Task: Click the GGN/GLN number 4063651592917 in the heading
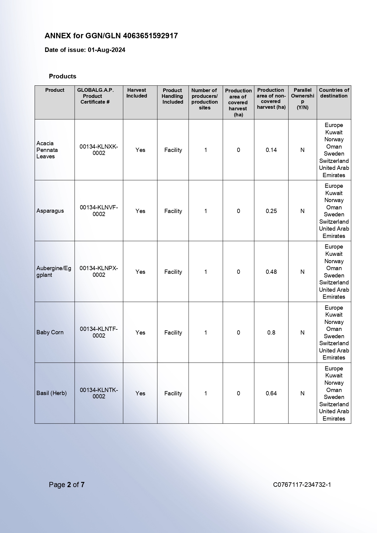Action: point(150,36)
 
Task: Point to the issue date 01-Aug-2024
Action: point(106,50)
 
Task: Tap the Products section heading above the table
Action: point(63,76)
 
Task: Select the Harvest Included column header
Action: point(137,93)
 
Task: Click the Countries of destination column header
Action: point(334,93)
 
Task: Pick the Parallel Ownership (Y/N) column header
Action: point(303,98)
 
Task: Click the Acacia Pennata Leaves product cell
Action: point(47,150)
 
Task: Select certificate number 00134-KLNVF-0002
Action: point(99,211)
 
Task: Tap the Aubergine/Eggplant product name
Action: point(53,271)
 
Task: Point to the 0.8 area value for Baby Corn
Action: point(271,332)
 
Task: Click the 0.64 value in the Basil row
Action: point(271,393)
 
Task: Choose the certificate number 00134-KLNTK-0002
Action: point(99,393)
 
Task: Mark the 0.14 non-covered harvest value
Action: point(271,150)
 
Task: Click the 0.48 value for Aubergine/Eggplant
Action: point(271,272)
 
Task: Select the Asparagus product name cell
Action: point(50,211)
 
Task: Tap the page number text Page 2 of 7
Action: point(67,484)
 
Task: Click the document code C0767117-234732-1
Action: point(302,484)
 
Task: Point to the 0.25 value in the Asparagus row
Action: point(271,211)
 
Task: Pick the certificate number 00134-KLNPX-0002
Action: point(99,271)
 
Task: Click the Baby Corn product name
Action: point(50,332)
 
